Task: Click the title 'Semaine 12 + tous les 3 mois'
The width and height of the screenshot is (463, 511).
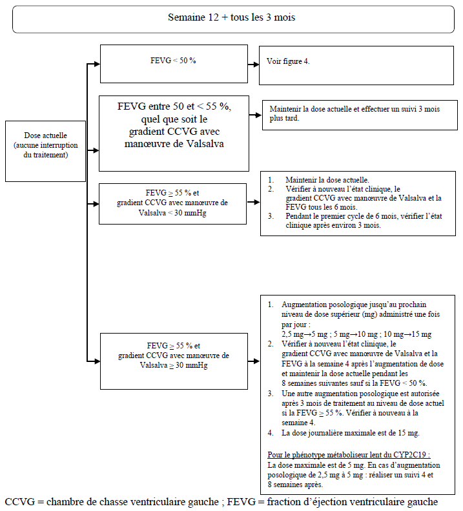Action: click(x=231, y=17)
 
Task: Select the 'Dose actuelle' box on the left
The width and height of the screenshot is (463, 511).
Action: click(x=46, y=151)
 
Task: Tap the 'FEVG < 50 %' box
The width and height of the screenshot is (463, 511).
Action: click(x=174, y=64)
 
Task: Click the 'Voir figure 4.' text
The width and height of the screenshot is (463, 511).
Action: click(x=288, y=61)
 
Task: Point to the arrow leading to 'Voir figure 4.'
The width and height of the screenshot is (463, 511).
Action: click(x=253, y=65)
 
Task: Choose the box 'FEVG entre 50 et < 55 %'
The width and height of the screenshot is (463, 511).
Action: click(x=174, y=134)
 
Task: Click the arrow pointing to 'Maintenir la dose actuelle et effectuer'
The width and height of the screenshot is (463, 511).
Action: click(x=256, y=115)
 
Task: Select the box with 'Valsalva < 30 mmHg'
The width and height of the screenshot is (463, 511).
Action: click(x=172, y=204)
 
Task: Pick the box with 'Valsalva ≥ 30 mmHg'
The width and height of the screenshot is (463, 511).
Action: click(x=174, y=361)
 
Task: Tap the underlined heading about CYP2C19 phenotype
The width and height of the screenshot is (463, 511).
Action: click(x=349, y=455)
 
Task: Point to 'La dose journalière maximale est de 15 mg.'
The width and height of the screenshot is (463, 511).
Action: click(x=351, y=433)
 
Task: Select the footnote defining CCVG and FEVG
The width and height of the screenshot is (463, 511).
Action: click(x=221, y=502)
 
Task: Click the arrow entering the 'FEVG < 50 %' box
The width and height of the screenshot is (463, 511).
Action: click(x=93, y=64)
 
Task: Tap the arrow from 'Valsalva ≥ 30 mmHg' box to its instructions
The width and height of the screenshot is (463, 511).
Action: click(x=254, y=361)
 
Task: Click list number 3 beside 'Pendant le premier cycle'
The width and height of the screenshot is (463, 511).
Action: click(x=271, y=216)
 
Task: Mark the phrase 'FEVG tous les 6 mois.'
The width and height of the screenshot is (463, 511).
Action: click(x=322, y=207)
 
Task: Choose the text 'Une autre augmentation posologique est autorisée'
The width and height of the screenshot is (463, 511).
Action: click(x=360, y=394)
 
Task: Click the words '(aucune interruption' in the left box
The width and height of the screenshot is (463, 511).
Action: click(x=46, y=145)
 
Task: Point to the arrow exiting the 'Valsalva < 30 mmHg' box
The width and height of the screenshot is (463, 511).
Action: click(x=253, y=202)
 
